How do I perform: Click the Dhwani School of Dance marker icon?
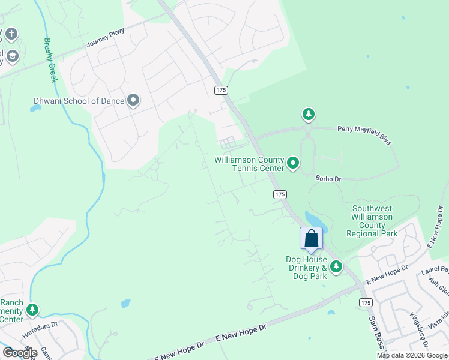point(133,101)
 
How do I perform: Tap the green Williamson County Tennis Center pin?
point(293,163)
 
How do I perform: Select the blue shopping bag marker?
point(311,238)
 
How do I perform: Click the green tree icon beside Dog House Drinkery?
point(336,266)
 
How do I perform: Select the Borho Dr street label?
point(328,178)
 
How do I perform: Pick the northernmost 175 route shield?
point(220,89)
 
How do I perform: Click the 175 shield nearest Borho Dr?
point(279,194)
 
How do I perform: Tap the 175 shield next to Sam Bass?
point(365,302)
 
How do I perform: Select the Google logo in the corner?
point(20,352)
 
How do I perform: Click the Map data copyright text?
point(412,355)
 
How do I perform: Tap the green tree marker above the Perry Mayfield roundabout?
point(308,114)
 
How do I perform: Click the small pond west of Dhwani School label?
point(35,109)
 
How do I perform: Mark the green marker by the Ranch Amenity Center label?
point(32,310)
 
